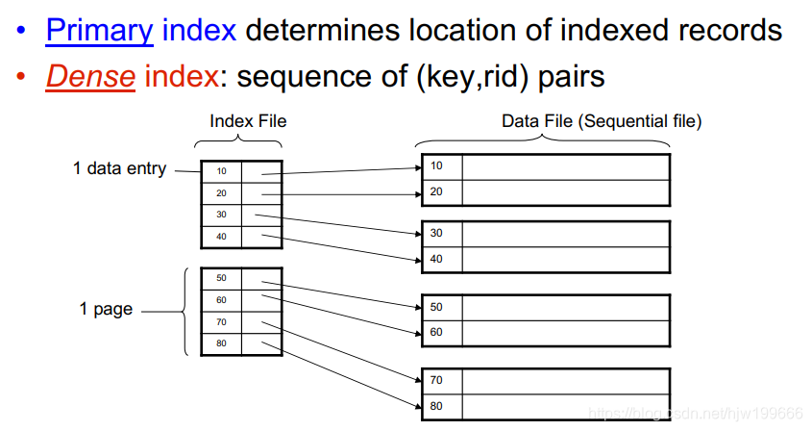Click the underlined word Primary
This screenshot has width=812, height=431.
click(99, 31)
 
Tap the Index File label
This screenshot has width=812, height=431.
click(248, 121)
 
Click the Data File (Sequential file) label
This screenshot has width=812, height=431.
click(602, 121)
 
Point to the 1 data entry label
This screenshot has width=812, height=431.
click(119, 168)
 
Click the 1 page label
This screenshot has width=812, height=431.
click(105, 310)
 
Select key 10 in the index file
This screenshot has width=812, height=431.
click(221, 171)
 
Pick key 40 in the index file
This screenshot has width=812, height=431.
click(221, 237)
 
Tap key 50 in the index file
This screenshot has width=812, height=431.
click(221, 278)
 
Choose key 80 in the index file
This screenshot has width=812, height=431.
click(221, 343)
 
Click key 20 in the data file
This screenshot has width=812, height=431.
click(437, 191)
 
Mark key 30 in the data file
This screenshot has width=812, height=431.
click(437, 234)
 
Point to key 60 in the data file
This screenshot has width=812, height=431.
click(437, 332)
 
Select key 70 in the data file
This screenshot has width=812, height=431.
click(437, 381)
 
